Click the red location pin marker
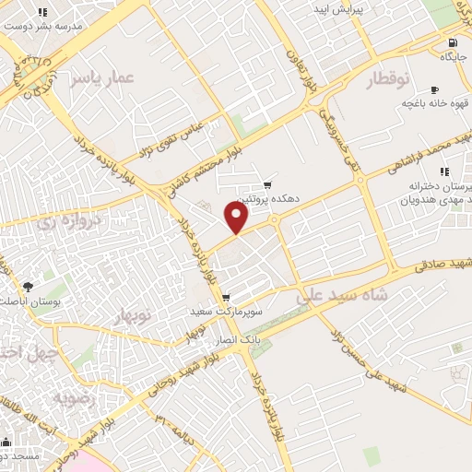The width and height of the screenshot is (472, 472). tap(237, 218)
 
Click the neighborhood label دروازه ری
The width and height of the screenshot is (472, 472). tap(67, 220)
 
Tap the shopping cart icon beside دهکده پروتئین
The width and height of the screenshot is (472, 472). tap(268, 183)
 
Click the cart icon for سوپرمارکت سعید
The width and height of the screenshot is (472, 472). tap(226, 298)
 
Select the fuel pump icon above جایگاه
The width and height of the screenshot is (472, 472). tap(452, 42)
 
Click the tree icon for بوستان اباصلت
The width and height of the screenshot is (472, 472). tap(27, 287)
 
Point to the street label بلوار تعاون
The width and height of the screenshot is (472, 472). tap(305, 73)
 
